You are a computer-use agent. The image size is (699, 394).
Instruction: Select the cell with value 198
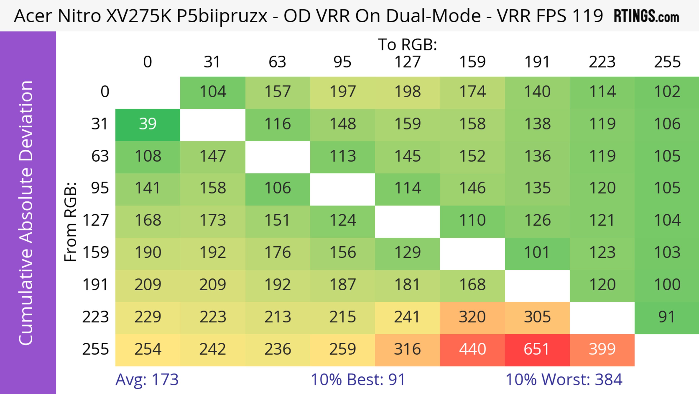407,92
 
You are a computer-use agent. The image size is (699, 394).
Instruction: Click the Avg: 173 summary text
147,380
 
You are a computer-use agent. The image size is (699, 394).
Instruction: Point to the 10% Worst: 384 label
564,380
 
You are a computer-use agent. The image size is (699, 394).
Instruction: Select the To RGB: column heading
407,44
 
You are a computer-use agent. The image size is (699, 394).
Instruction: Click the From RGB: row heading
71,222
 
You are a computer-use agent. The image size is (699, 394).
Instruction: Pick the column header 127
407,62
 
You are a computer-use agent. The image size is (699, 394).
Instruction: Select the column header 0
148,62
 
